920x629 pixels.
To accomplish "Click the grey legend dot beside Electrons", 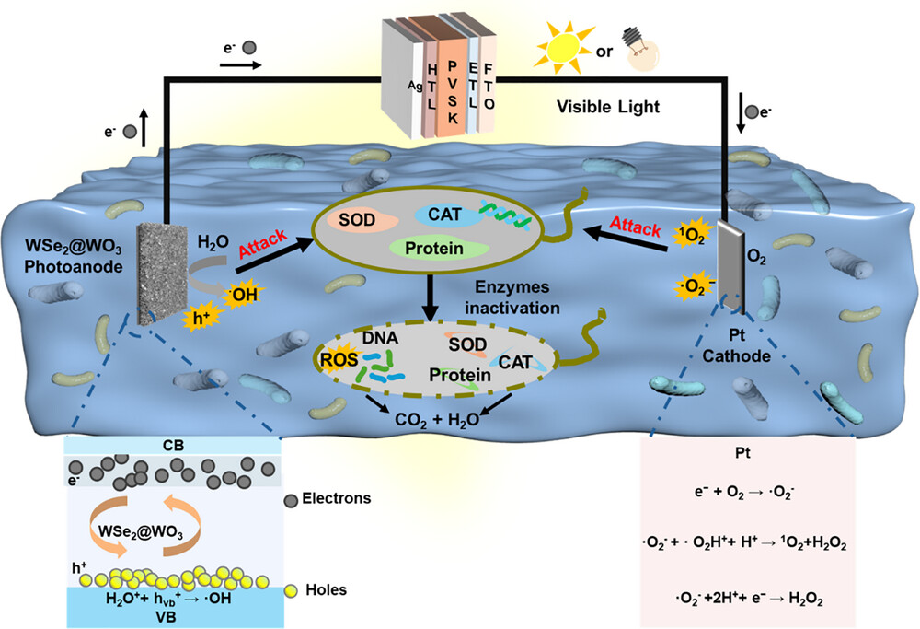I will click(292, 498).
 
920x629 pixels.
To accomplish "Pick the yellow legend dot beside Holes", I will click(292, 589).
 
